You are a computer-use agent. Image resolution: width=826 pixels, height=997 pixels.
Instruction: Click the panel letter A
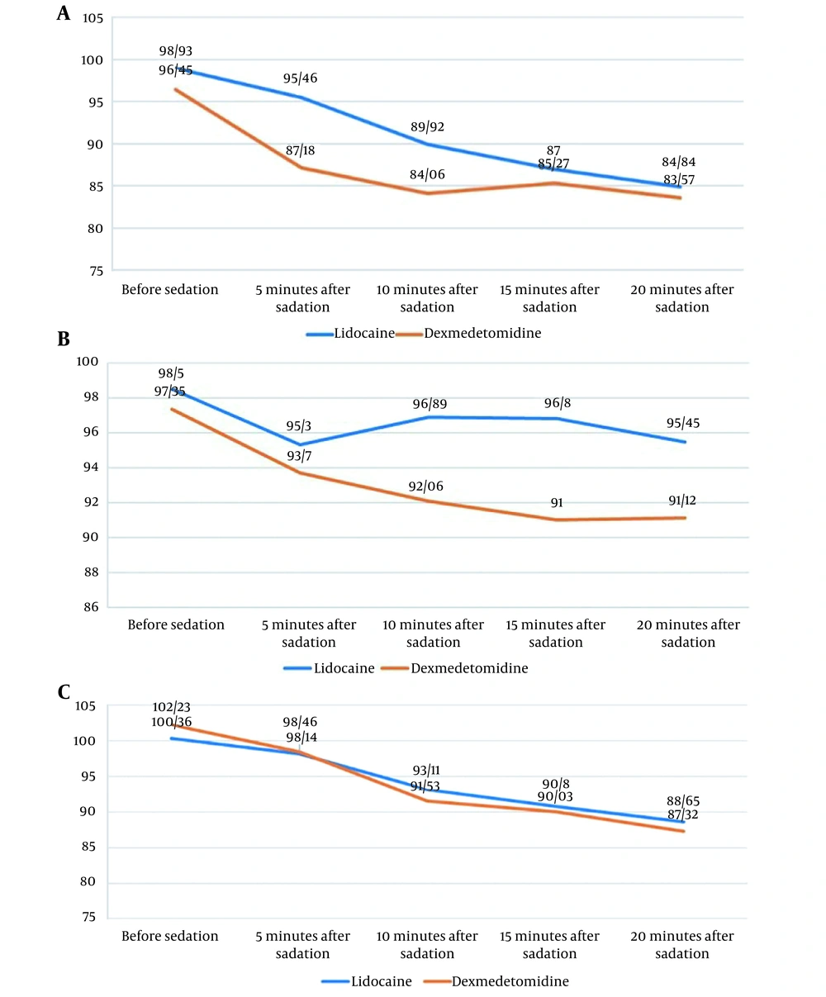click(x=63, y=13)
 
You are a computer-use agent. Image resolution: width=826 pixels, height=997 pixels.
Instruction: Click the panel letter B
click(x=63, y=339)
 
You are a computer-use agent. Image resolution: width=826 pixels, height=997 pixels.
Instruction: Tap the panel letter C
click(x=64, y=691)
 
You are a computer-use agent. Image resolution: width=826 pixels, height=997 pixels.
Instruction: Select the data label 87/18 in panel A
click(x=300, y=150)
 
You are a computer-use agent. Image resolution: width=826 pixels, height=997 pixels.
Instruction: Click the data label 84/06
click(x=427, y=174)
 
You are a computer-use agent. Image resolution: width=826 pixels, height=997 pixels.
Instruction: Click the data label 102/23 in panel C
click(x=171, y=708)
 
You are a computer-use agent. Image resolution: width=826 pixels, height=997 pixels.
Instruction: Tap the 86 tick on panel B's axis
click(x=92, y=607)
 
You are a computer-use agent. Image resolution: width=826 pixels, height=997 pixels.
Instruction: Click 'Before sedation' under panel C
click(x=170, y=936)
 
